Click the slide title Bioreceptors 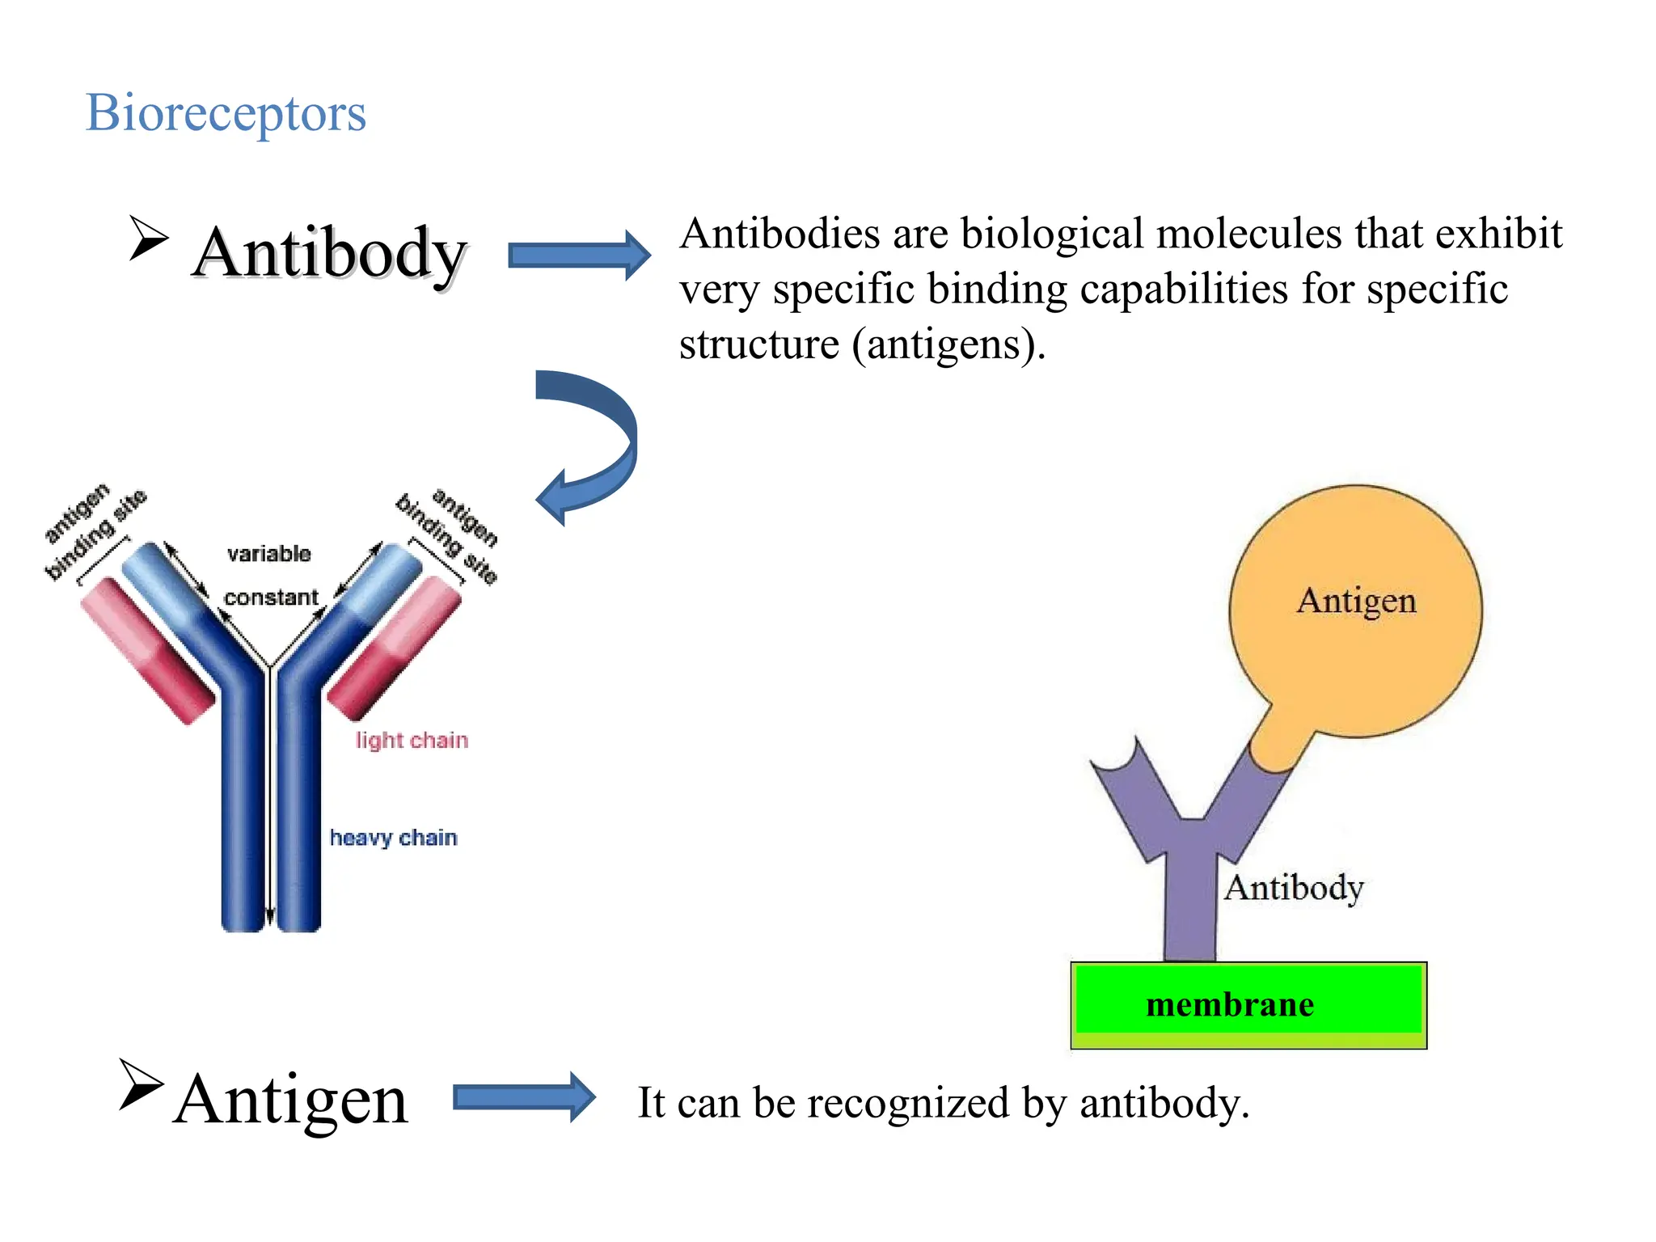coord(226,112)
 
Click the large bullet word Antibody coord(329,253)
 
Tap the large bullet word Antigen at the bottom coord(291,1099)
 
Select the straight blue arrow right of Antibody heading coord(579,256)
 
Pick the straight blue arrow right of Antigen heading coord(524,1097)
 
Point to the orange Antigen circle coord(1356,610)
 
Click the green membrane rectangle coord(1248,1004)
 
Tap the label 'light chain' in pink coord(412,740)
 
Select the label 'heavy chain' coord(393,838)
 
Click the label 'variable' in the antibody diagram coord(268,554)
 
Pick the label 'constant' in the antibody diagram coord(271,598)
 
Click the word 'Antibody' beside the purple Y coord(1293,888)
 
